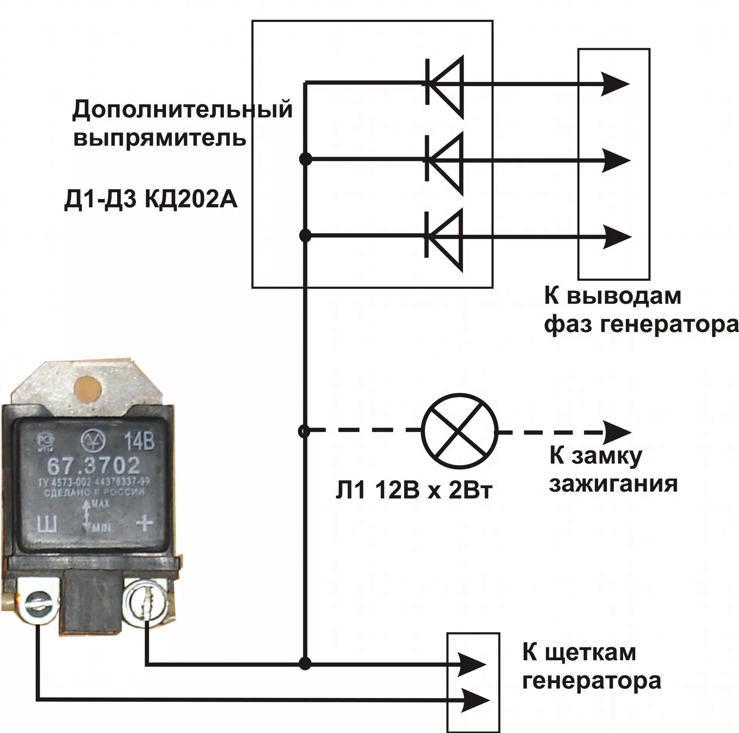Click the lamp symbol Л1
pos(460,432)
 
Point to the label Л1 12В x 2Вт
pos(414,492)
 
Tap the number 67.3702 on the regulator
pos(93,467)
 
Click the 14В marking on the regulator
pos(139,442)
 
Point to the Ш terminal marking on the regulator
pos(47,524)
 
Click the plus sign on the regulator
pos(145,523)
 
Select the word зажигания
pos(613,484)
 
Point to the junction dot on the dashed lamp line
pos(304,432)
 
